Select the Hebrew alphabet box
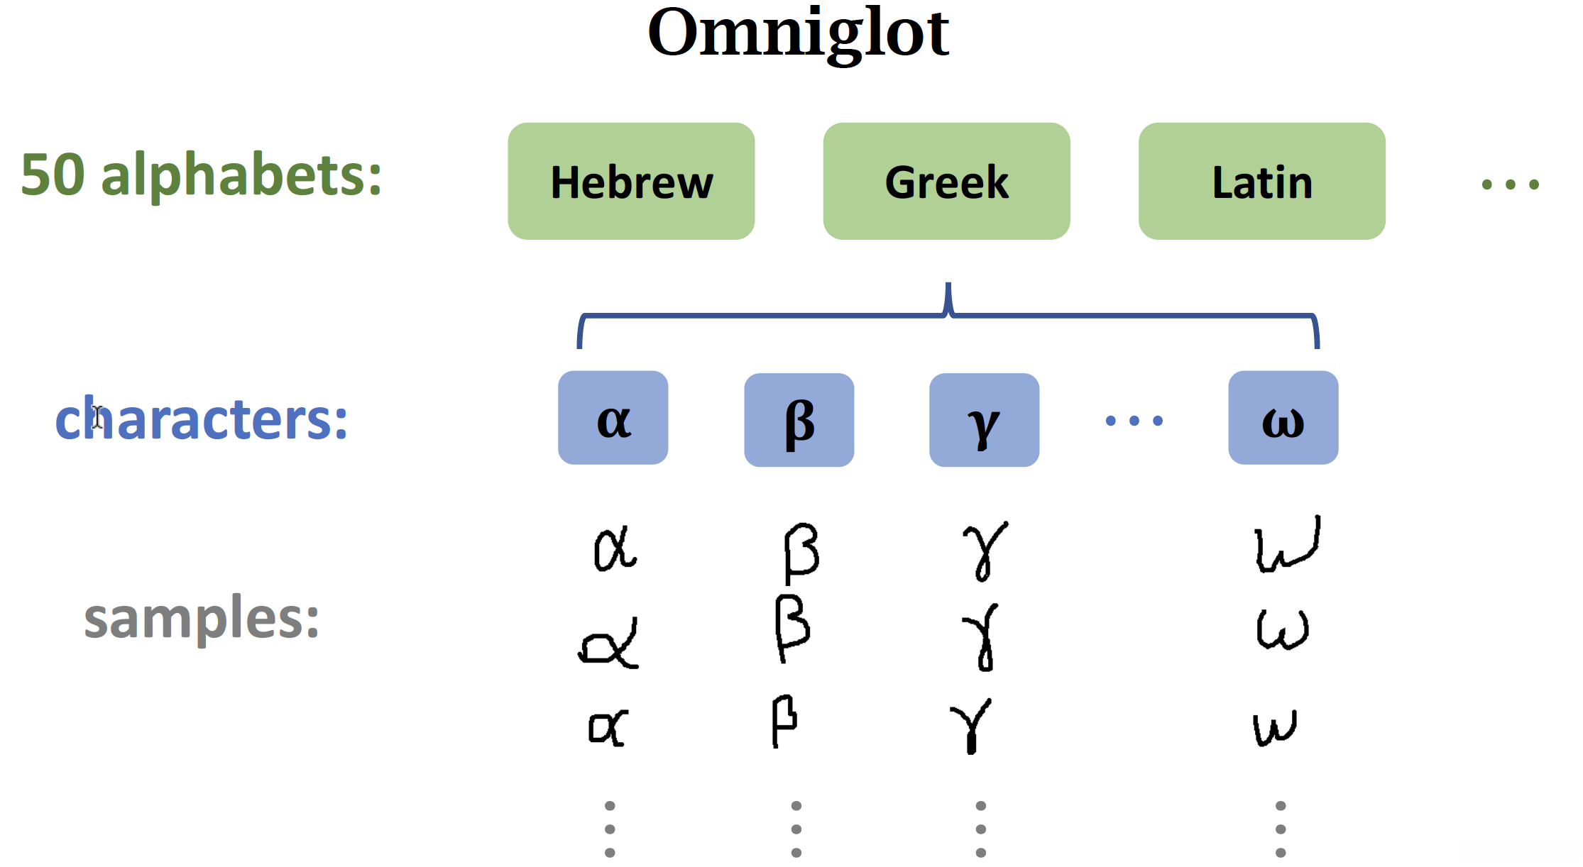631,182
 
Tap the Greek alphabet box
946,182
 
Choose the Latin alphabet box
1261,182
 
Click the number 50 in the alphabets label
53,175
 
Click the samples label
202,618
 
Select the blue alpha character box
613,418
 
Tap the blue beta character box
799,420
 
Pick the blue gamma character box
984,420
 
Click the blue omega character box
1283,418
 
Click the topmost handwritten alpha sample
615,548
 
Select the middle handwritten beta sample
791,628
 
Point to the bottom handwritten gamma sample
971,725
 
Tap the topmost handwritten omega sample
1287,545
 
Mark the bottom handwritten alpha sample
608,727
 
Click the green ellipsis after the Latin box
1510,184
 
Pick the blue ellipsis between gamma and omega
1134,421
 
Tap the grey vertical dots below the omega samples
1280,829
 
